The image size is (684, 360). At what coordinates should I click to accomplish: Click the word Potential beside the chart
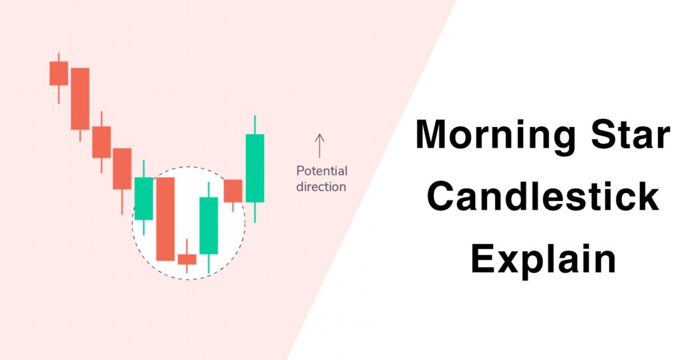point(321,171)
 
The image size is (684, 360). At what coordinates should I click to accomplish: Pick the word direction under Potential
point(321,186)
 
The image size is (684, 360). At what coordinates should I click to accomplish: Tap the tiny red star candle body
point(187,259)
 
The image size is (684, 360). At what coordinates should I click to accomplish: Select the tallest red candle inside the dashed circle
point(165,218)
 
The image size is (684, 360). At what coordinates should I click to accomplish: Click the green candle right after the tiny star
point(208,225)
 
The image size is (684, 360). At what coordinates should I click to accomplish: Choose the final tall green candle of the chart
point(254,168)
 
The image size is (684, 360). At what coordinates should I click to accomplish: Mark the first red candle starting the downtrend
point(59,73)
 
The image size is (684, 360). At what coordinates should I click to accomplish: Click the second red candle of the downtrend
point(80,98)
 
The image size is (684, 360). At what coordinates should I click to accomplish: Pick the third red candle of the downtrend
point(102,142)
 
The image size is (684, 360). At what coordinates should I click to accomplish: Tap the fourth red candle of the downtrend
point(122,168)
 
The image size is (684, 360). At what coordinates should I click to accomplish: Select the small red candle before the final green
point(233,190)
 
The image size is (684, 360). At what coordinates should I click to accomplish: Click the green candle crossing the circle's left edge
point(144,198)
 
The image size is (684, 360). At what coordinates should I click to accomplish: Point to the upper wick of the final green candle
point(254,124)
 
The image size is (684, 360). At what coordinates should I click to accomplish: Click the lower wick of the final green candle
point(254,212)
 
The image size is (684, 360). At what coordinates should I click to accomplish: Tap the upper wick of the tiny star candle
point(187,246)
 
